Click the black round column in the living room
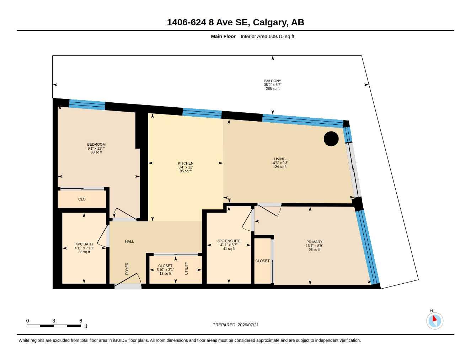[331, 139]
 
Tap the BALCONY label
[272, 81]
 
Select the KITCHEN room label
[186, 164]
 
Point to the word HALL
[129, 241]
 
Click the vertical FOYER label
[127, 269]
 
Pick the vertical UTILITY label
[186, 268]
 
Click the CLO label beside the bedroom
[82, 199]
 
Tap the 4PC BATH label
[84, 244]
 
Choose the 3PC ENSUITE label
[229, 241]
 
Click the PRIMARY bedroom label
[314, 242]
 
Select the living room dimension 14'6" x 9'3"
[280, 163]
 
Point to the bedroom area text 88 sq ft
[96, 152]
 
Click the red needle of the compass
[434, 318]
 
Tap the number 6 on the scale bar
[81, 321]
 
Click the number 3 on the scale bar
[54, 321]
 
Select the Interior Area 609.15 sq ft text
[267, 36]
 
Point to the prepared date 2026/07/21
[248, 325]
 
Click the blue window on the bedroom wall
[87, 105]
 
